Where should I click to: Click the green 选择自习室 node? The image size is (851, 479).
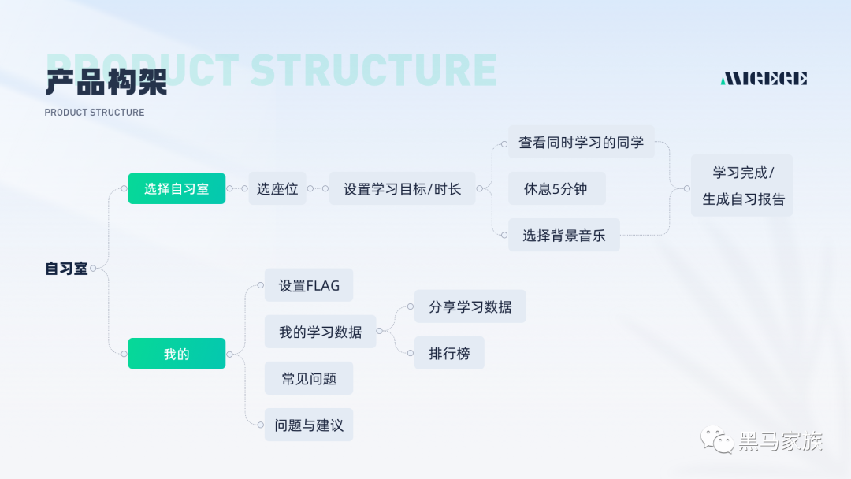point(177,189)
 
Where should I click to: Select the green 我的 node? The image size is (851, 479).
point(177,354)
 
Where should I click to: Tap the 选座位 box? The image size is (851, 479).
point(277,189)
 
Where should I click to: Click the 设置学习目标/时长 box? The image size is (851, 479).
point(402,189)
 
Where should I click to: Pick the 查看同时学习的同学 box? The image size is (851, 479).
point(581,143)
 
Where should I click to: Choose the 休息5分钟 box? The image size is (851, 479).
point(556,189)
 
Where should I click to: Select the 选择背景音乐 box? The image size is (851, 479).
point(563,235)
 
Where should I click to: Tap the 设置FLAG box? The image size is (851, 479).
point(309,285)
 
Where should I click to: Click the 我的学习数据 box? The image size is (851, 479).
point(320,332)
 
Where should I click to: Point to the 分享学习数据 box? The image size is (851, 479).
point(470,306)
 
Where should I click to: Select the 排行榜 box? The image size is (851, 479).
point(449,353)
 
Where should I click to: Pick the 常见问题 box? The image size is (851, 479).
point(309,378)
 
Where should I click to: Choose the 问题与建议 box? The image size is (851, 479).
point(309,425)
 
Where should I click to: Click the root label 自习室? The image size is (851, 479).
point(66,269)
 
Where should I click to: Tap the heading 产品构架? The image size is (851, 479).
point(106,82)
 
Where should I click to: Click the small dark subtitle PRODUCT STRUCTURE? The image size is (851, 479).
point(95,113)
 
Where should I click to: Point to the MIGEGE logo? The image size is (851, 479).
point(764,78)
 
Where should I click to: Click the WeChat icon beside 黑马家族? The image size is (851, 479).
point(718,440)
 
